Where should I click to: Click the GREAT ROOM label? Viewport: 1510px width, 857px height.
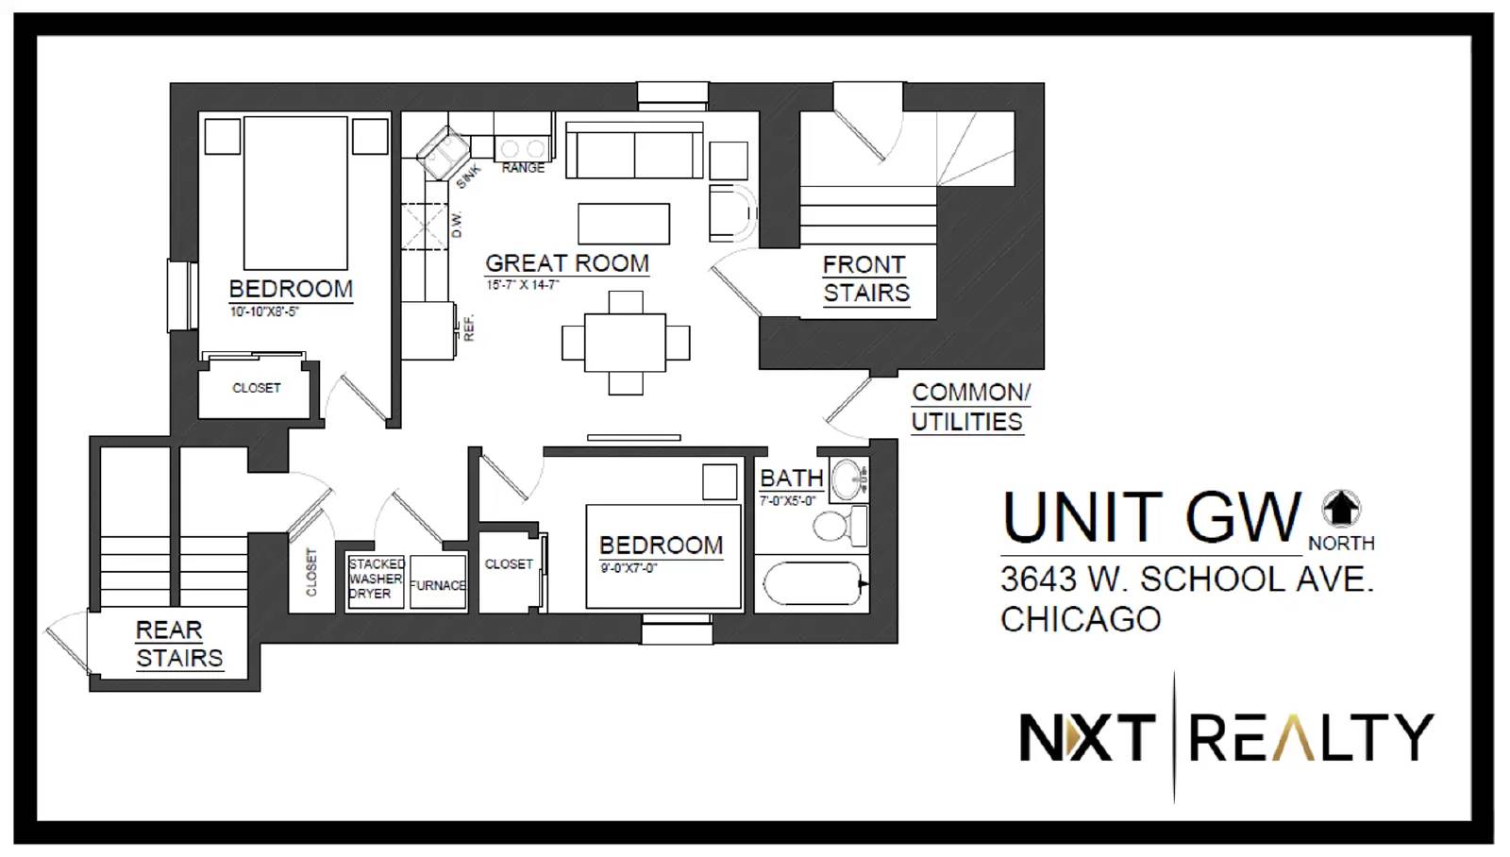coord(567,263)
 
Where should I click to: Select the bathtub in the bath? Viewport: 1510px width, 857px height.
coord(813,583)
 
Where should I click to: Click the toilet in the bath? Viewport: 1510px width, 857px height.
coord(839,527)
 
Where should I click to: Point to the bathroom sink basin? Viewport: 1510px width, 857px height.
coord(848,479)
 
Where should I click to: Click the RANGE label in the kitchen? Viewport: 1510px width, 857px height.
coord(523,168)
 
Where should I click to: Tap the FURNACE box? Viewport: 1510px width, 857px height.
coord(438,582)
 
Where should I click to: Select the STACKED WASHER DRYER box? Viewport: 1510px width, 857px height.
coord(376,582)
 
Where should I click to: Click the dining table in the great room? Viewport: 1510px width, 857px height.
coord(625,343)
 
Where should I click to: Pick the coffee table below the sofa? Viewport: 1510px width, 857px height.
coord(624,224)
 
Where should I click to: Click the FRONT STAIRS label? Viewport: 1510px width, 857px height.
coord(865,279)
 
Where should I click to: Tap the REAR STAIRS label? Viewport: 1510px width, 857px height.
coord(178,644)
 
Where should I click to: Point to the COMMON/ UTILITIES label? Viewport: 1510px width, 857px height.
coord(971,407)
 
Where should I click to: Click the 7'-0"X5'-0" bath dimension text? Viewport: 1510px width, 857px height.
coord(787,501)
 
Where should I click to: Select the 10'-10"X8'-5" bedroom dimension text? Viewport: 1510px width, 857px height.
coord(263,311)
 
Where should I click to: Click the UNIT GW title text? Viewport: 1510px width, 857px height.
coord(1150,518)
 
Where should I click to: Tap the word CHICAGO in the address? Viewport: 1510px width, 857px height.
coord(1081,619)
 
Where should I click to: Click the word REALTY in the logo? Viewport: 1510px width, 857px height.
coord(1311,738)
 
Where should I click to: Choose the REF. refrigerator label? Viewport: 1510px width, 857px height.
coord(469,328)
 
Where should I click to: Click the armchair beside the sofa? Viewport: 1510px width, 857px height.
coord(732,213)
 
